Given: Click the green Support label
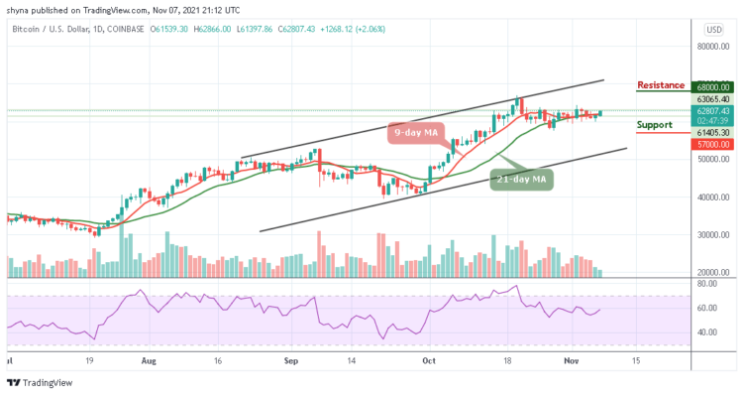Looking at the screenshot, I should pos(655,125).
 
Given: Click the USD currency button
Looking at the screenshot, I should pos(712,29).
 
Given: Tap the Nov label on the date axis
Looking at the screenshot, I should pos(570,362).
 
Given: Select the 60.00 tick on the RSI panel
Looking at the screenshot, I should pos(705,308).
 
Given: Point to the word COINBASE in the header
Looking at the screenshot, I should pos(124,29).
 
